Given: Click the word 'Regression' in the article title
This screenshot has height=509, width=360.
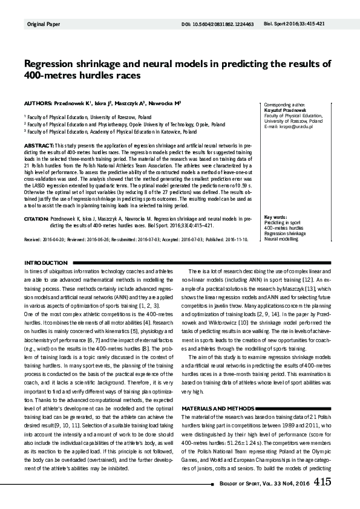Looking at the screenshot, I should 49,64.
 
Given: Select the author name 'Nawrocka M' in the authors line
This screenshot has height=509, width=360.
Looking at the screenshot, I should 165,103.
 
